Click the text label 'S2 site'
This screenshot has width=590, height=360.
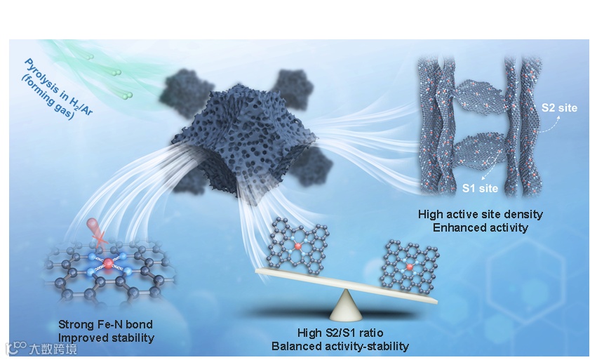(x=558, y=109)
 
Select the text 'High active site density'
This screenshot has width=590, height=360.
(x=480, y=214)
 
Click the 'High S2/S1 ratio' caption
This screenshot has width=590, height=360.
(x=340, y=333)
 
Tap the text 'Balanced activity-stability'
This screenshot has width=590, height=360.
(x=340, y=346)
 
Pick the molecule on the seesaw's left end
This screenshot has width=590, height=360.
(x=297, y=245)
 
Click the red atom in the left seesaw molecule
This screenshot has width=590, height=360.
(x=297, y=247)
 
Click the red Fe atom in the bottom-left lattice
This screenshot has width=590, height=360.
(x=109, y=263)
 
